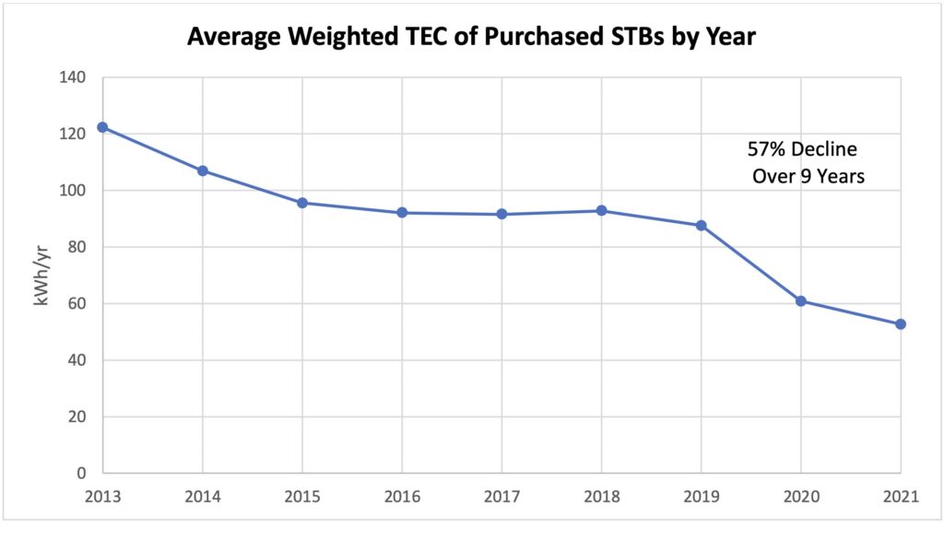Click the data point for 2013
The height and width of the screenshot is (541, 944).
click(102, 127)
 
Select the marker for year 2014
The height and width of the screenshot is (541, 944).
click(202, 171)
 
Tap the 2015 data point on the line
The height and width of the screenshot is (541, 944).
click(301, 203)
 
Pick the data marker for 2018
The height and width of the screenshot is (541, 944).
click(601, 211)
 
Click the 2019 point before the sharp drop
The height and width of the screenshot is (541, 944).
click(701, 225)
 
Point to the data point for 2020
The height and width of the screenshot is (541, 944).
click(801, 301)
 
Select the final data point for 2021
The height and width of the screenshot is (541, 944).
click(901, 324)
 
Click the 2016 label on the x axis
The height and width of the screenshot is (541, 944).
click(402, 499)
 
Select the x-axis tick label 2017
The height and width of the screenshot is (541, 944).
click(501, 499)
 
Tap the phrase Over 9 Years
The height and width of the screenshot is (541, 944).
click(808, 177)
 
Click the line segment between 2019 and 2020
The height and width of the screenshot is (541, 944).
click(751, 264)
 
